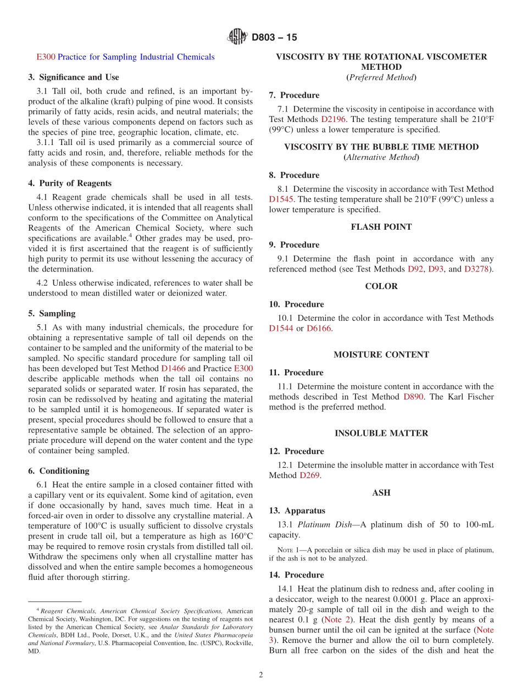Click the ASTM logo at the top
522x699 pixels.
[237, 37]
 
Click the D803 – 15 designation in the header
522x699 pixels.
[274, 37]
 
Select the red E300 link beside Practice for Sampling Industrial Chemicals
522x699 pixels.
[46, 57]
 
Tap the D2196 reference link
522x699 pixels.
[332, 119]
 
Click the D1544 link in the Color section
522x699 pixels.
[281, 329]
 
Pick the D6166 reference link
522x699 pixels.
[319, 329]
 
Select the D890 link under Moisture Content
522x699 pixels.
[413, 397]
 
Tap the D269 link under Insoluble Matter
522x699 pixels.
[309, 475]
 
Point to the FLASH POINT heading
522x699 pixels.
[381, 227]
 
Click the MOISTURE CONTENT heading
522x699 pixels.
[381, 354]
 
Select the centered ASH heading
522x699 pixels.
[381, 493]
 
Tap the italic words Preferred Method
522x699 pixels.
[381, 77]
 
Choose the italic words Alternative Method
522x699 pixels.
[381, 158]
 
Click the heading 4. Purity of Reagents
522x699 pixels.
[70, 184]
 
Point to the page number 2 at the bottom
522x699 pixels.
[261, 675]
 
